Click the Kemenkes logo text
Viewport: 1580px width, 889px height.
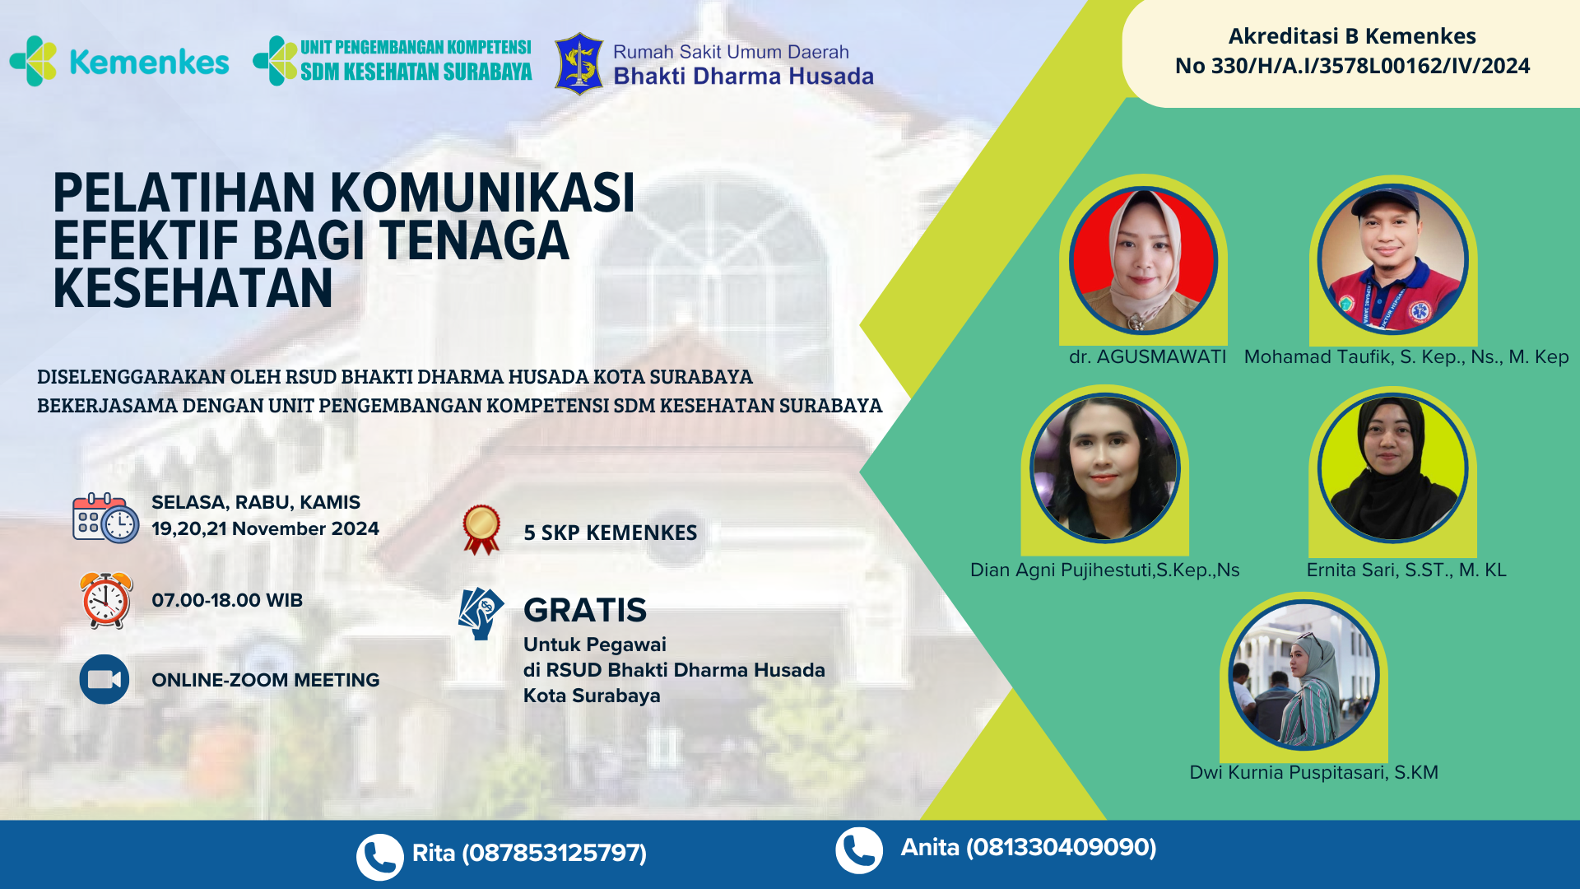[149, 62]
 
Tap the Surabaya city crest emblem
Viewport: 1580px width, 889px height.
[579, 63]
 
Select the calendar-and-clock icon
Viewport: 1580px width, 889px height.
[105, 518]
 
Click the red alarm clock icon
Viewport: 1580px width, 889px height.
[106, 600]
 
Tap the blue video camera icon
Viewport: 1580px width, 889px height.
[105, 679]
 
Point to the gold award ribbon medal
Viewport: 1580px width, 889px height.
[481, 529]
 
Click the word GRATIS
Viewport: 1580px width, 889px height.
[585, 610]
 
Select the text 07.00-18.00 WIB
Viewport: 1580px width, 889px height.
[227, 600]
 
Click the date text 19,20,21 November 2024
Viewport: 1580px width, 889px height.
[265, 528]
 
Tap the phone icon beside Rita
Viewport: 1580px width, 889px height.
[379, 857]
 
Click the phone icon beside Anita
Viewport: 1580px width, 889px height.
[859, 850]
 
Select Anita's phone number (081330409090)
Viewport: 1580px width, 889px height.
[1061, 847]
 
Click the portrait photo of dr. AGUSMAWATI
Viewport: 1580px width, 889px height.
[1143, 260]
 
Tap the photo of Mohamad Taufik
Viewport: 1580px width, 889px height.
[1392, 259]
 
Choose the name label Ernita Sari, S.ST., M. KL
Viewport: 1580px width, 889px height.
[1406, 570]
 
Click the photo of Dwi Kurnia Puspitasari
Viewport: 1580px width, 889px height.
[1303, 675]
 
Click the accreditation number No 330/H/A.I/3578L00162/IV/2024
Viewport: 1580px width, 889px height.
[1352, 66]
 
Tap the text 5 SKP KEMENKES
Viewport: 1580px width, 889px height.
[611, 533]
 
